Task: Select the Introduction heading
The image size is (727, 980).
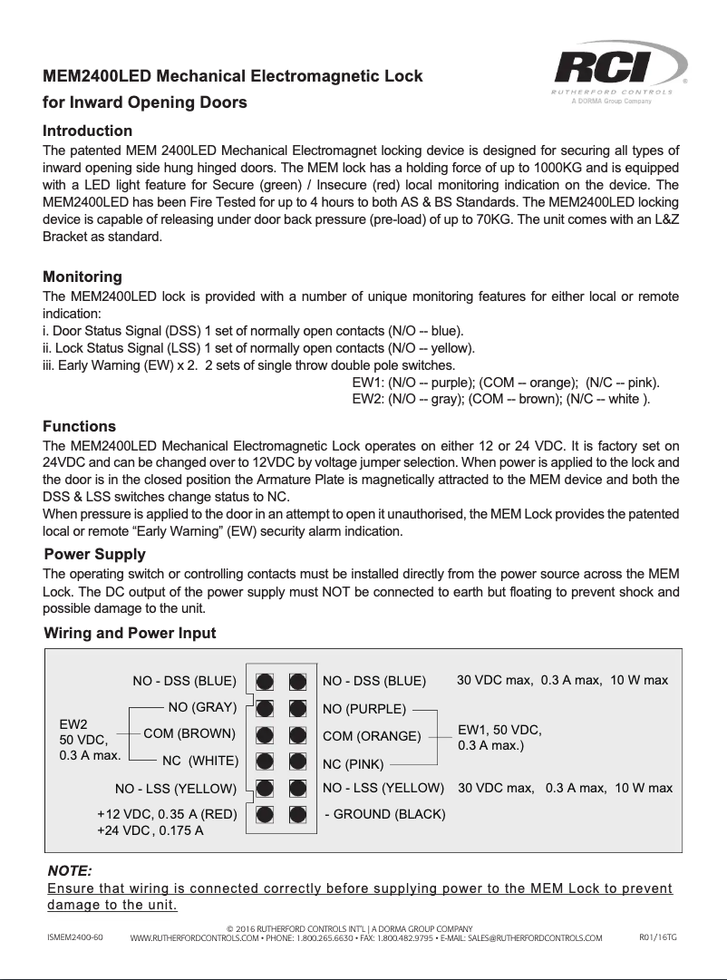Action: coord(88,131)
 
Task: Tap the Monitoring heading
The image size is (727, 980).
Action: coord(82,277)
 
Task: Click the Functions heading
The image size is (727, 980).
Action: coord(80,426)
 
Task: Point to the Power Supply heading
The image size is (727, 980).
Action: coord(94,554)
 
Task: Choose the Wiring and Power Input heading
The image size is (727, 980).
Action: coord(130,633)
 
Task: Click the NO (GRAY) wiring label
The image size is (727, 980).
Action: coord(202,706)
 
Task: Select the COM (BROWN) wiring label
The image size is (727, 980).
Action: coord(189,733)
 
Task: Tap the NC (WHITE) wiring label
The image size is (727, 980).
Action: coord(199,760)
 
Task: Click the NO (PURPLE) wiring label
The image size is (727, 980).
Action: coord(363,708)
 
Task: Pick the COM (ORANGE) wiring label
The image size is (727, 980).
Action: coord(372,736)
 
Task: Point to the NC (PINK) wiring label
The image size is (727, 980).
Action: coord(354,764)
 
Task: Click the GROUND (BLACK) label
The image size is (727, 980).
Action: coord(385,814)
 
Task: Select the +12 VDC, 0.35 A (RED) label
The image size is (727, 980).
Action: coord(167,814)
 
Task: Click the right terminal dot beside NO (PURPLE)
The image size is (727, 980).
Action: coord(297,707)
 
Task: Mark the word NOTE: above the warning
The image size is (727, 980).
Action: coord(69,870)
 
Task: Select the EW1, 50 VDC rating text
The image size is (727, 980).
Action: coord(499,729)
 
